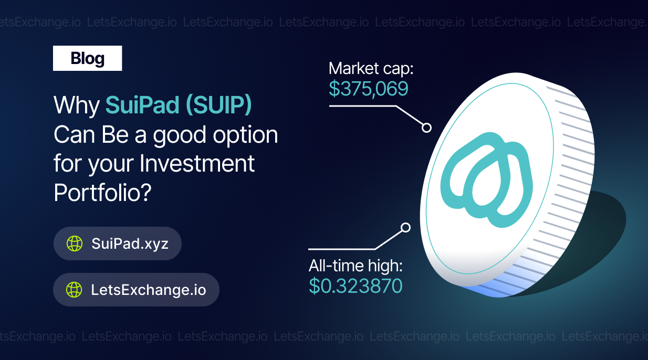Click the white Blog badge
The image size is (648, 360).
click(x=87, y=58)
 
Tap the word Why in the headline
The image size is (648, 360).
click(x=77, y=105)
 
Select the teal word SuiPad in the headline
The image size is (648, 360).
click(x=142, y=104)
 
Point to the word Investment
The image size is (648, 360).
click(x=197, y=163)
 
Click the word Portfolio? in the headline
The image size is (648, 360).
click(x=102, y=193)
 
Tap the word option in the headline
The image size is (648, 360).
click(x=245, y=135)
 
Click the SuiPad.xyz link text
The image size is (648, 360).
click(x=130, y=243)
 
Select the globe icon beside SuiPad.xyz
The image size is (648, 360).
click(x=75, y=243)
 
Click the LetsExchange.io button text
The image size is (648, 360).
click(x=149, y=290)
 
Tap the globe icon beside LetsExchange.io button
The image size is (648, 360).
click(x=74, y=290)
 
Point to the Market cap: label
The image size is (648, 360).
click(x=371, y=69)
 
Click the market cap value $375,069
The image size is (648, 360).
click(x=369, y=89)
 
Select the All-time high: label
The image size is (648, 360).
click(x=356, y=266)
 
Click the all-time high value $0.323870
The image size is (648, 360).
click(x=356, y=285)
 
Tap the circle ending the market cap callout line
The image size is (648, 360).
click(x=426, y=128)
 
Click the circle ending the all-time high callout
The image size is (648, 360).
click(x=405, y=228)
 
